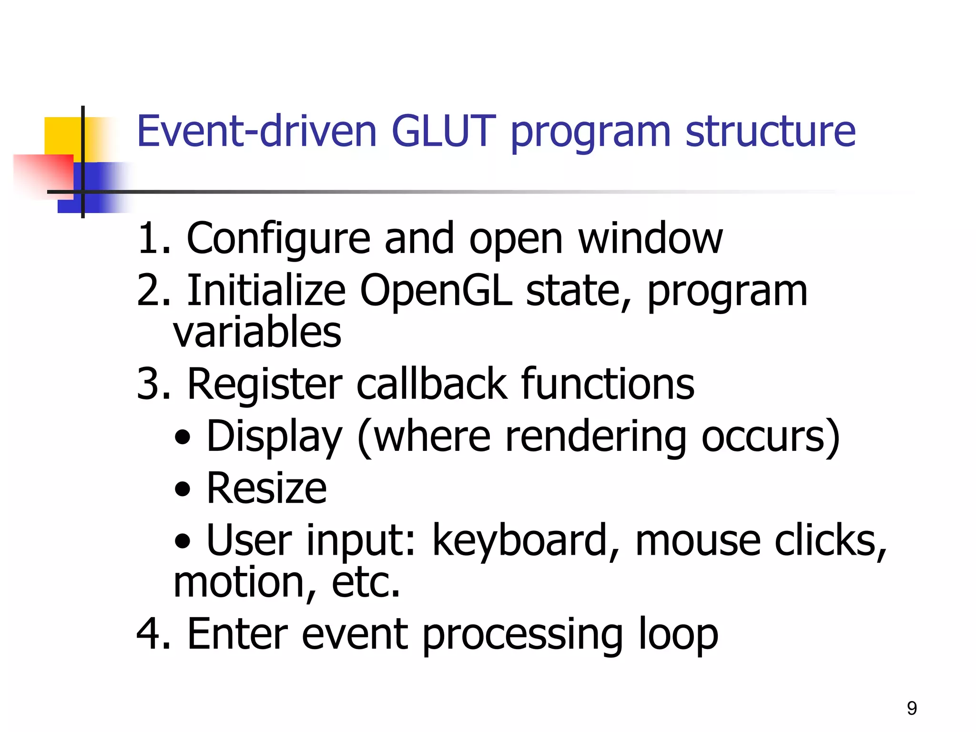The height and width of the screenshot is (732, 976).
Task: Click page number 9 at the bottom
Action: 912,708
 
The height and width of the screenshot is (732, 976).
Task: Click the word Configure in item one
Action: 278,239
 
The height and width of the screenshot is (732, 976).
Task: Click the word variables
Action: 257,332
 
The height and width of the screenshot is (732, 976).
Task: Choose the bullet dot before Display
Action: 183,437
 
